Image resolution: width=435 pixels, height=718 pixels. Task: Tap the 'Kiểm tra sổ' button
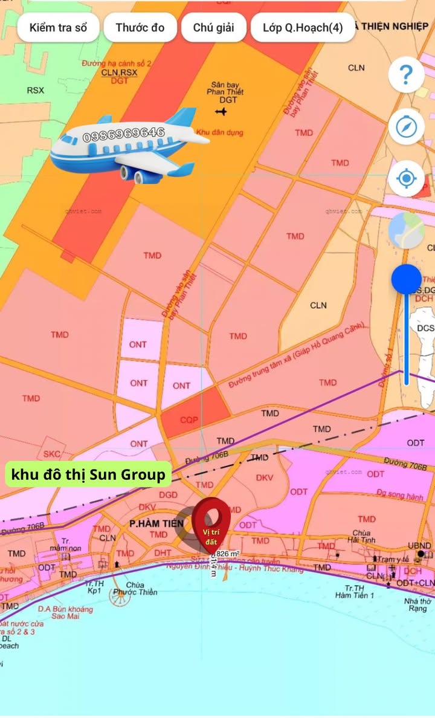click(58, 28)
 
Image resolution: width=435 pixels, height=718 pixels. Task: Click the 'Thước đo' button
click(140, 28)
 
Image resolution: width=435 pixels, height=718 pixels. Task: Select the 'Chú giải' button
click(213, 28)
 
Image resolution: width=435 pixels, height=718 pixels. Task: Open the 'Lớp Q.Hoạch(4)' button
click(303, 28)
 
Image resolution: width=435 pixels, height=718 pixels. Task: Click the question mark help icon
click(406, 75)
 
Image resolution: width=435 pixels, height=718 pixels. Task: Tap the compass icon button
click(406, 127)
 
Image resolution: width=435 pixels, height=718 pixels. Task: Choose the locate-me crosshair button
click(406, 179)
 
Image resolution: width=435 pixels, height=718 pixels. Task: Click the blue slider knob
click(407, 280)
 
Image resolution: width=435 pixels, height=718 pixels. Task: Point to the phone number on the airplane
click(124, 135)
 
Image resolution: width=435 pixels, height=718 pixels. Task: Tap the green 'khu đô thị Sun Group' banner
click(88, 474)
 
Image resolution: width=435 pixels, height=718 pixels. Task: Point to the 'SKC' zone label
click(52, 454)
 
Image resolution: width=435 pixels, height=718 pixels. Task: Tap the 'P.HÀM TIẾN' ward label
click(156, 523)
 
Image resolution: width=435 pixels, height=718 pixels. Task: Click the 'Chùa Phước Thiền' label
click(142, 589)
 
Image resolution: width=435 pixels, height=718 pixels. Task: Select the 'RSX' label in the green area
click(35, 91)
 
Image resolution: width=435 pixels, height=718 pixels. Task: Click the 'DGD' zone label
click(169, 494)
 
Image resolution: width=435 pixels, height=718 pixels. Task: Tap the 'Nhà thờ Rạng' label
click(417, 604)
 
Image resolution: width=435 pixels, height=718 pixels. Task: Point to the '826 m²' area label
click(228, 554)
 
